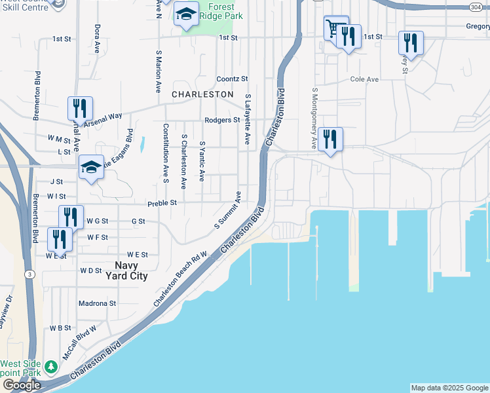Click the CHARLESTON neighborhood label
202,94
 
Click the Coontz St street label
232,79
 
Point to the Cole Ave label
364,79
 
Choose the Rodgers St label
221,121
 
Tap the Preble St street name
162,203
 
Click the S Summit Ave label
228,210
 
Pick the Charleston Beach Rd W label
180,279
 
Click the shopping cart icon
335,28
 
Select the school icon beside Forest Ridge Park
187,14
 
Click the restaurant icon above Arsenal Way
80,108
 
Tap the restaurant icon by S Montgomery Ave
330,139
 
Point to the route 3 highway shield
29,274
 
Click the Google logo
22,385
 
